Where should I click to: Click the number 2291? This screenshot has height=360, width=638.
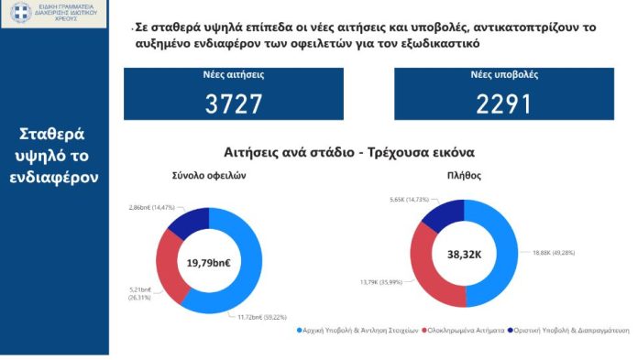coord(503,104)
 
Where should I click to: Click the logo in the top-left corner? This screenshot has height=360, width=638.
coord(55,14)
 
